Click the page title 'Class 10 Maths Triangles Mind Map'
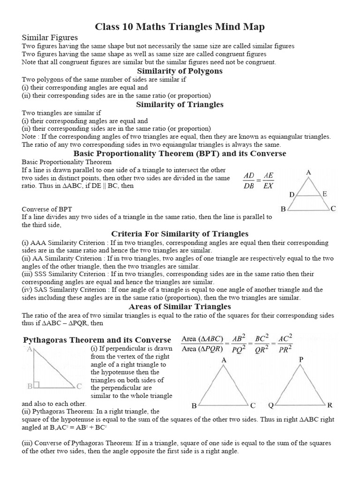(180, 27)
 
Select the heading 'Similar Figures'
(50, 37)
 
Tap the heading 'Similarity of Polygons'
(180, 71)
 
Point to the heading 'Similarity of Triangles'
(180, 104)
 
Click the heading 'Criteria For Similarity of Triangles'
(180, 233)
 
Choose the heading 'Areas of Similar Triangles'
(180, 307)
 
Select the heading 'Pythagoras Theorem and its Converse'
(97, 339)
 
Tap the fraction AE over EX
(268, 180)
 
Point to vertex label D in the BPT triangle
(292, 195)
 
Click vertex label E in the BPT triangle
(325, 194)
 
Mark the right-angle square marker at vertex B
(36, 385)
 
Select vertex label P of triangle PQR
(301, 360)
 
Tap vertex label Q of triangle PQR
(271, 405)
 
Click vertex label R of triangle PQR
(330, 405)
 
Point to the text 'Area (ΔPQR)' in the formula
(202, 348)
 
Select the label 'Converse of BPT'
(47, 209)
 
